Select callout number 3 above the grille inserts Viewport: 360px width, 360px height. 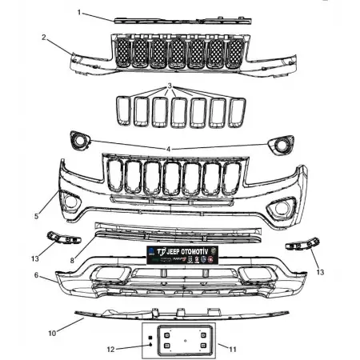click(x=170, y=86)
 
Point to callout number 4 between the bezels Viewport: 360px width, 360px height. click(x=169, y=149)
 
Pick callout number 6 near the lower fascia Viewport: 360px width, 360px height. click(x=36, y=274)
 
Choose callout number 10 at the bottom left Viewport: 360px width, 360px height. click(x=53, y=331)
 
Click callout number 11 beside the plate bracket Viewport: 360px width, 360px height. click(x=233, y=350)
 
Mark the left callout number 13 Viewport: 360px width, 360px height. click(x=34, y=258)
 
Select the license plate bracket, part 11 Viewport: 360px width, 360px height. click(x=184, y=342)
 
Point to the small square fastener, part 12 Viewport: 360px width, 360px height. click(x=150, y=339)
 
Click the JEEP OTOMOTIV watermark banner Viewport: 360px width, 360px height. click(x=182, y=254)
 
